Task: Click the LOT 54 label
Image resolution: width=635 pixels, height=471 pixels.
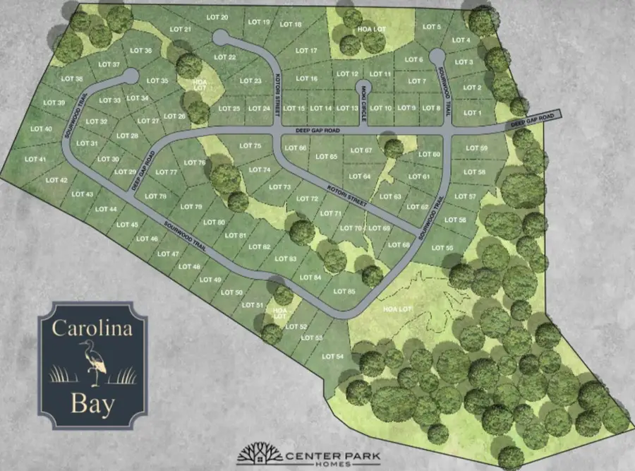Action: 332,356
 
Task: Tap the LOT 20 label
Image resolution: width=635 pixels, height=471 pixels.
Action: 219,17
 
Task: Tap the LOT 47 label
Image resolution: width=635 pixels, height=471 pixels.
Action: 169,254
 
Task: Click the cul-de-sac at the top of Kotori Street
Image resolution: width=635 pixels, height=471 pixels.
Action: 220,37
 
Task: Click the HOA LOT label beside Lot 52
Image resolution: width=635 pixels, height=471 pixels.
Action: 281,313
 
